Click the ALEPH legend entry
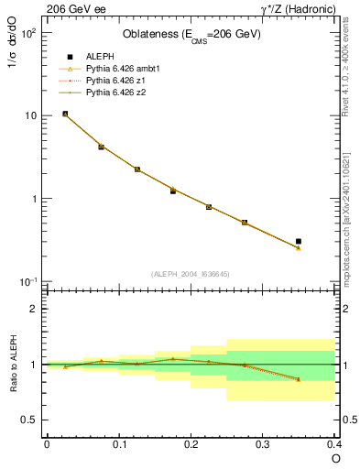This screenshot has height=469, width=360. (x=99, y=56)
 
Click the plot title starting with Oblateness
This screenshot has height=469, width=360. (x=191, y=35)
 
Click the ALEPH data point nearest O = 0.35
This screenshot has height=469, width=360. (x=299, y=242)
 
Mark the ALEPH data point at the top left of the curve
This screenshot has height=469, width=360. (x=65, y=114)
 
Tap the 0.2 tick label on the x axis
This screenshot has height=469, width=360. (x=191, y=444)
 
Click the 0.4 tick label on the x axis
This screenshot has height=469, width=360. (x=333, y=444)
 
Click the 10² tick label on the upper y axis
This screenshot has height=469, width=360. (x=27, y=33)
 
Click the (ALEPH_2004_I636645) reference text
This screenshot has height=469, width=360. (x=191, y=274)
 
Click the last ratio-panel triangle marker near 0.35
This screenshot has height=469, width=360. (x=299, y=379)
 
